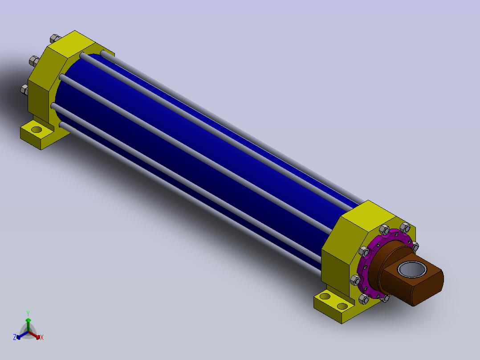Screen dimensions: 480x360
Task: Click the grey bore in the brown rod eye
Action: tap(412, 270)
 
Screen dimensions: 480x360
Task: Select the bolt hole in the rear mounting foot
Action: tap(37, 130)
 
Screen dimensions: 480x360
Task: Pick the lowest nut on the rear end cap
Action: tap(24, 90)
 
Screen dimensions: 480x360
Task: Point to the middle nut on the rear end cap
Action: tap(34, 61)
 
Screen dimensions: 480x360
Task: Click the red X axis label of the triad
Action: tap(42, 337)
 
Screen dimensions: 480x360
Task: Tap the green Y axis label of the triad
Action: tap(28, 313)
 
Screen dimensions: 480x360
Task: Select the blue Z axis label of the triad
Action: tap(15, 337)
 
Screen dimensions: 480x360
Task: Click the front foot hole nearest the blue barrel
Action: tap(325, 296)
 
